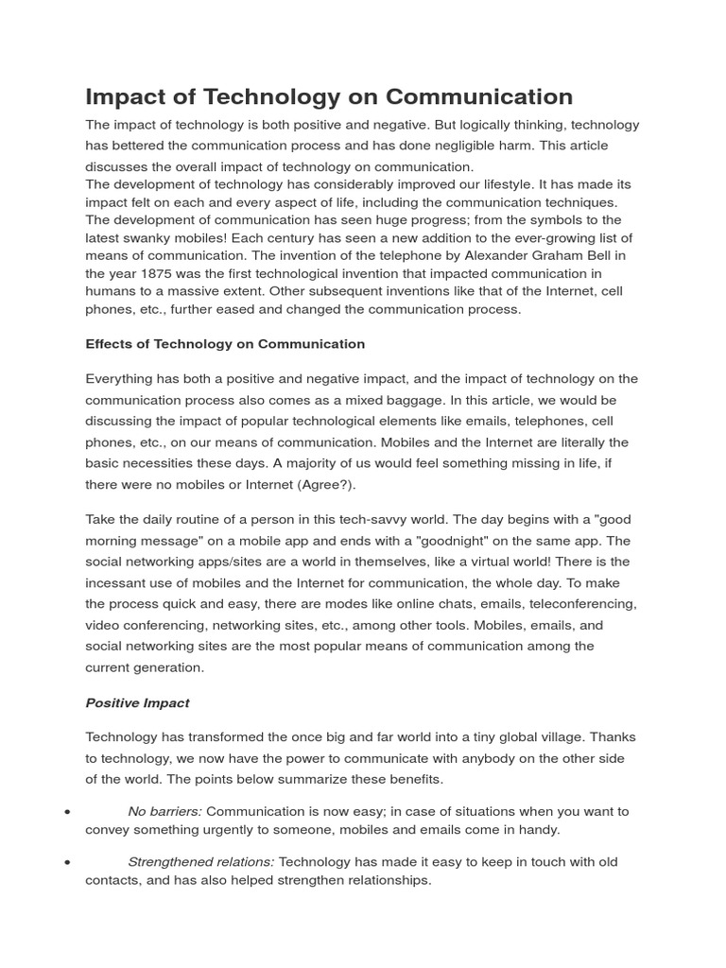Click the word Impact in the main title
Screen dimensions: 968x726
tap(127, 96)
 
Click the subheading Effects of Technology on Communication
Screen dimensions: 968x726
tap(225, 344)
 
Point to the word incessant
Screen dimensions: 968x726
tap(120, 583)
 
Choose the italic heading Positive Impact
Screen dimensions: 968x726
tap(137, 702)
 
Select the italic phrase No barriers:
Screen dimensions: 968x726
tap(165, 811)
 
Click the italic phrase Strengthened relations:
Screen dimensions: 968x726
tap(201, 862)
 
